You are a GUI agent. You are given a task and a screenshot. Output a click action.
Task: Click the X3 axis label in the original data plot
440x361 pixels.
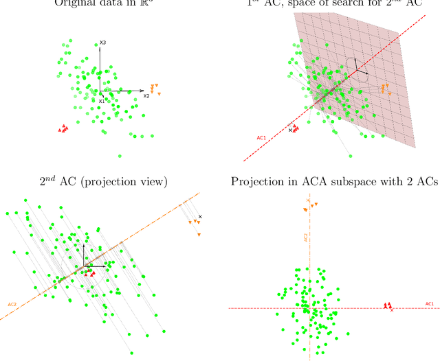click(x=102, y=43)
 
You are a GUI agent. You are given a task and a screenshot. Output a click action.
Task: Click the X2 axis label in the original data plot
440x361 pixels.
click(x=146, y=97)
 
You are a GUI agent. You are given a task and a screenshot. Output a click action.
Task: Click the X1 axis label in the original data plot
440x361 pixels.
click(x=101, y=101)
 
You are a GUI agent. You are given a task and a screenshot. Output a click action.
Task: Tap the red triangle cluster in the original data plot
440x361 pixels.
click(x=63, y=128)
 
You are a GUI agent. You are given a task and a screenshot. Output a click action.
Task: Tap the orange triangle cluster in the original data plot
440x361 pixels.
click(x=154, y=89)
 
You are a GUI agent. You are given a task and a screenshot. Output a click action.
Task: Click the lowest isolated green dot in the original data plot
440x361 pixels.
click(x=120, y=156)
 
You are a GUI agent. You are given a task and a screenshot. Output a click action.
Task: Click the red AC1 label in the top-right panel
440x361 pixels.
click(x=261, y=138)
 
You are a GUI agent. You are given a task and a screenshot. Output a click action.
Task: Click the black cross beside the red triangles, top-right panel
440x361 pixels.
click(x=290, y=130)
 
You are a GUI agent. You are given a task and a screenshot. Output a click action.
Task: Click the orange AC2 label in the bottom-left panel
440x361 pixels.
click(x=12, y=304)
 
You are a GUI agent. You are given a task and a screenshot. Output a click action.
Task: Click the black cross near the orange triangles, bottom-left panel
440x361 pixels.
click(x=200, y=217)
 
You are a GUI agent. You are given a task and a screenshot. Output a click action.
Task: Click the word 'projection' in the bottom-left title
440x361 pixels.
click(x=120, y=182)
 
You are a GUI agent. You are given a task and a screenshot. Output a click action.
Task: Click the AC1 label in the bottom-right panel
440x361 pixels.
click(x=430, y=303)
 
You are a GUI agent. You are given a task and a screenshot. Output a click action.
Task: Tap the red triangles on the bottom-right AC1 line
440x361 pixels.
click(x=388, y=305)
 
